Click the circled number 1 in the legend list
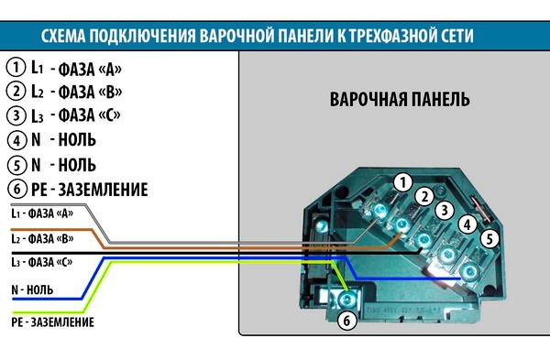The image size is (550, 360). (x=16, y=67)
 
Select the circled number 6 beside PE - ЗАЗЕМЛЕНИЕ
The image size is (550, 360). (x=16, y=190)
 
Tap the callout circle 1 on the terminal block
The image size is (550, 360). (x=400, y=182)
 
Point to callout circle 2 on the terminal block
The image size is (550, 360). (x=423, y=196)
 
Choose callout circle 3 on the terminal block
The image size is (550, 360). (x=444, y=211)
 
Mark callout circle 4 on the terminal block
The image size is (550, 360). (x=467, y=224)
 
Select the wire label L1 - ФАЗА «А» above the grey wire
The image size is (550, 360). (x=41, y=213)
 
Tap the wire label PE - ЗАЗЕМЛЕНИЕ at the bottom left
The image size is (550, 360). (x=51, y=322)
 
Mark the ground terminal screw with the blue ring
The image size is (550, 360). (x=345, y=299)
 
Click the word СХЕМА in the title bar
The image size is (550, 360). (x=68, y=37)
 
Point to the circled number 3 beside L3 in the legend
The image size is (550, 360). (x=16, y=116)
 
